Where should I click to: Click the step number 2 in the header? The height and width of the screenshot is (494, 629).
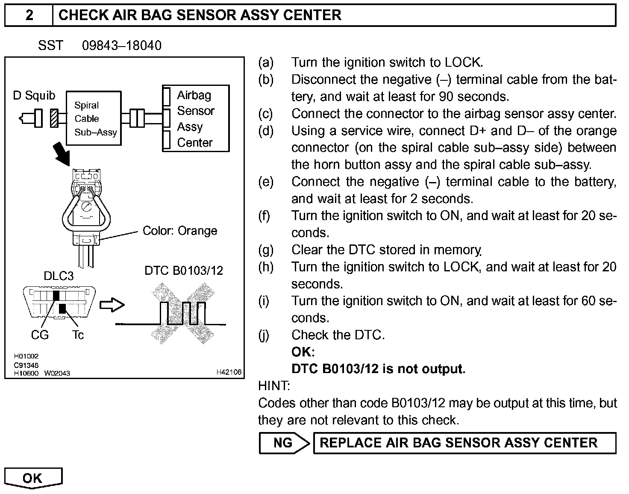point(29,15)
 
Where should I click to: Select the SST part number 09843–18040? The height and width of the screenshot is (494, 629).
point(122,45)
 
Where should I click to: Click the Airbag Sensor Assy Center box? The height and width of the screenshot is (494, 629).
point(196,118)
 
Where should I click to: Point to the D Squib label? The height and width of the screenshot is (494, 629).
point(34,95)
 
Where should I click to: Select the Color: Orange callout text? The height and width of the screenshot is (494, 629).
point(180,231)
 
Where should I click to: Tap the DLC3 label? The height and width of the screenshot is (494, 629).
point(59,276)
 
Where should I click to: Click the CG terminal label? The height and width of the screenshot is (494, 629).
point(40,335)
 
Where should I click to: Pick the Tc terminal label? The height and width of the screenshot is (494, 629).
point(78,335)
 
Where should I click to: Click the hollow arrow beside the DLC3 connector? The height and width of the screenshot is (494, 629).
point(112,305)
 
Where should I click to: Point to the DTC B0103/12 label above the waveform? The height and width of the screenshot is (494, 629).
point(184,271)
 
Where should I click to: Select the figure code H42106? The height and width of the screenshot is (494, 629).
point(229,372)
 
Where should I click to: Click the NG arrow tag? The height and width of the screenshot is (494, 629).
point(284,443)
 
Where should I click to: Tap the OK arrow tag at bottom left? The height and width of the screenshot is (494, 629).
point(33,478)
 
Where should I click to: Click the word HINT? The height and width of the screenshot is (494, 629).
point(274,386)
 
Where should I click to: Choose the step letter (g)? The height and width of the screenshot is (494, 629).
point(265,250)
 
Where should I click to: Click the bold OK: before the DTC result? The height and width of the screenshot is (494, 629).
point(303,352)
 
